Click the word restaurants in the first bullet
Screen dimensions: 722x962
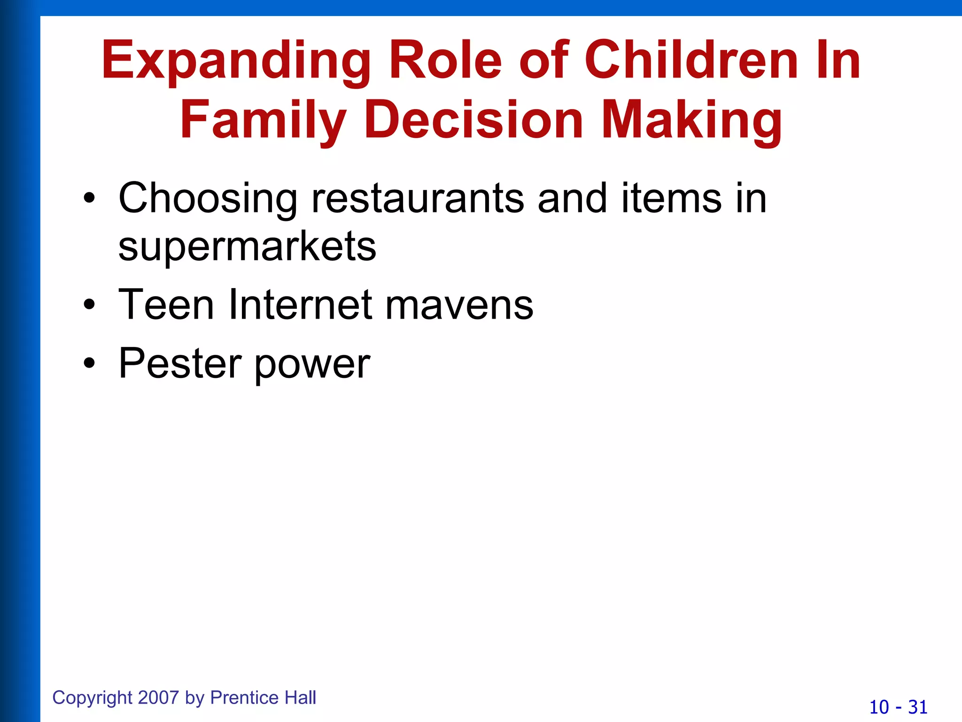[x=418, y=198]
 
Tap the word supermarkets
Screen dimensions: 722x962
[x=247, y=246]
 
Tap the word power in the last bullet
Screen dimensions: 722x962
[x=312, y=364]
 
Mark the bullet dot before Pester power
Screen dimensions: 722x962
[x=89, y=363]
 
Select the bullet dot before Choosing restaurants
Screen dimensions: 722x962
[x=89, y=199]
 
